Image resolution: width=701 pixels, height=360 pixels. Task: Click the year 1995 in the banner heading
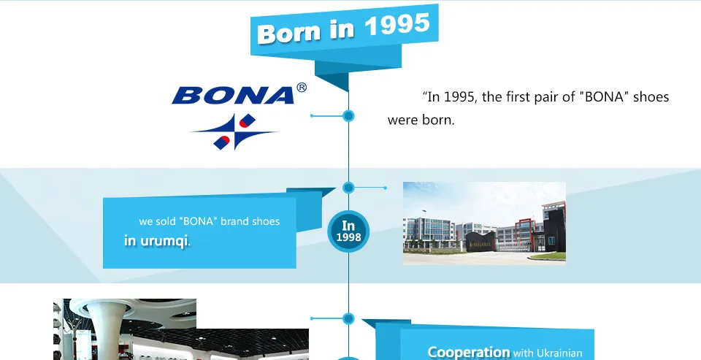click(397, 25)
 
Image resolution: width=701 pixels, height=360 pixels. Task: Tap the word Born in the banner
click(290, 33)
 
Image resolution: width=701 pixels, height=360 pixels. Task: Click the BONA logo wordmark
click(234, 95)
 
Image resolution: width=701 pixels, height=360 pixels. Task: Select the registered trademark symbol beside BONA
click(302, 88)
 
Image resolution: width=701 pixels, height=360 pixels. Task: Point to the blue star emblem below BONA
click(234, 131)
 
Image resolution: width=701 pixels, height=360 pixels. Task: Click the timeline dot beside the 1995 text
click(349, 116)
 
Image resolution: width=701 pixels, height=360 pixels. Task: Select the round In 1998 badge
click(348, 231)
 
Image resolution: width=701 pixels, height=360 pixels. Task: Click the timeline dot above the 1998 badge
click(349, 188)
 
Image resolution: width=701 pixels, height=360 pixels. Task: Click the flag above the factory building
click(424, 210)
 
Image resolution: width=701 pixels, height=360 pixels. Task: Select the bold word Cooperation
click(469, 352)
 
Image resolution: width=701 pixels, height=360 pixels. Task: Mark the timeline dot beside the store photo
click(349, 319)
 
